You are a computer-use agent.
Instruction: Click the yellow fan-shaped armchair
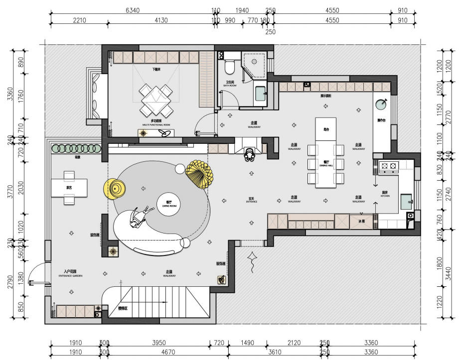(199, 173)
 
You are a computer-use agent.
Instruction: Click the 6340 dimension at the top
(133, 10)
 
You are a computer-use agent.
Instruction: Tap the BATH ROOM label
(230, 84)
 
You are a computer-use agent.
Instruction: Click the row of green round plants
(75, 148)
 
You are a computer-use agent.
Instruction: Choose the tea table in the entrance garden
(69, 187)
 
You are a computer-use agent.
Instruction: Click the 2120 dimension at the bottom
(294, 343)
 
